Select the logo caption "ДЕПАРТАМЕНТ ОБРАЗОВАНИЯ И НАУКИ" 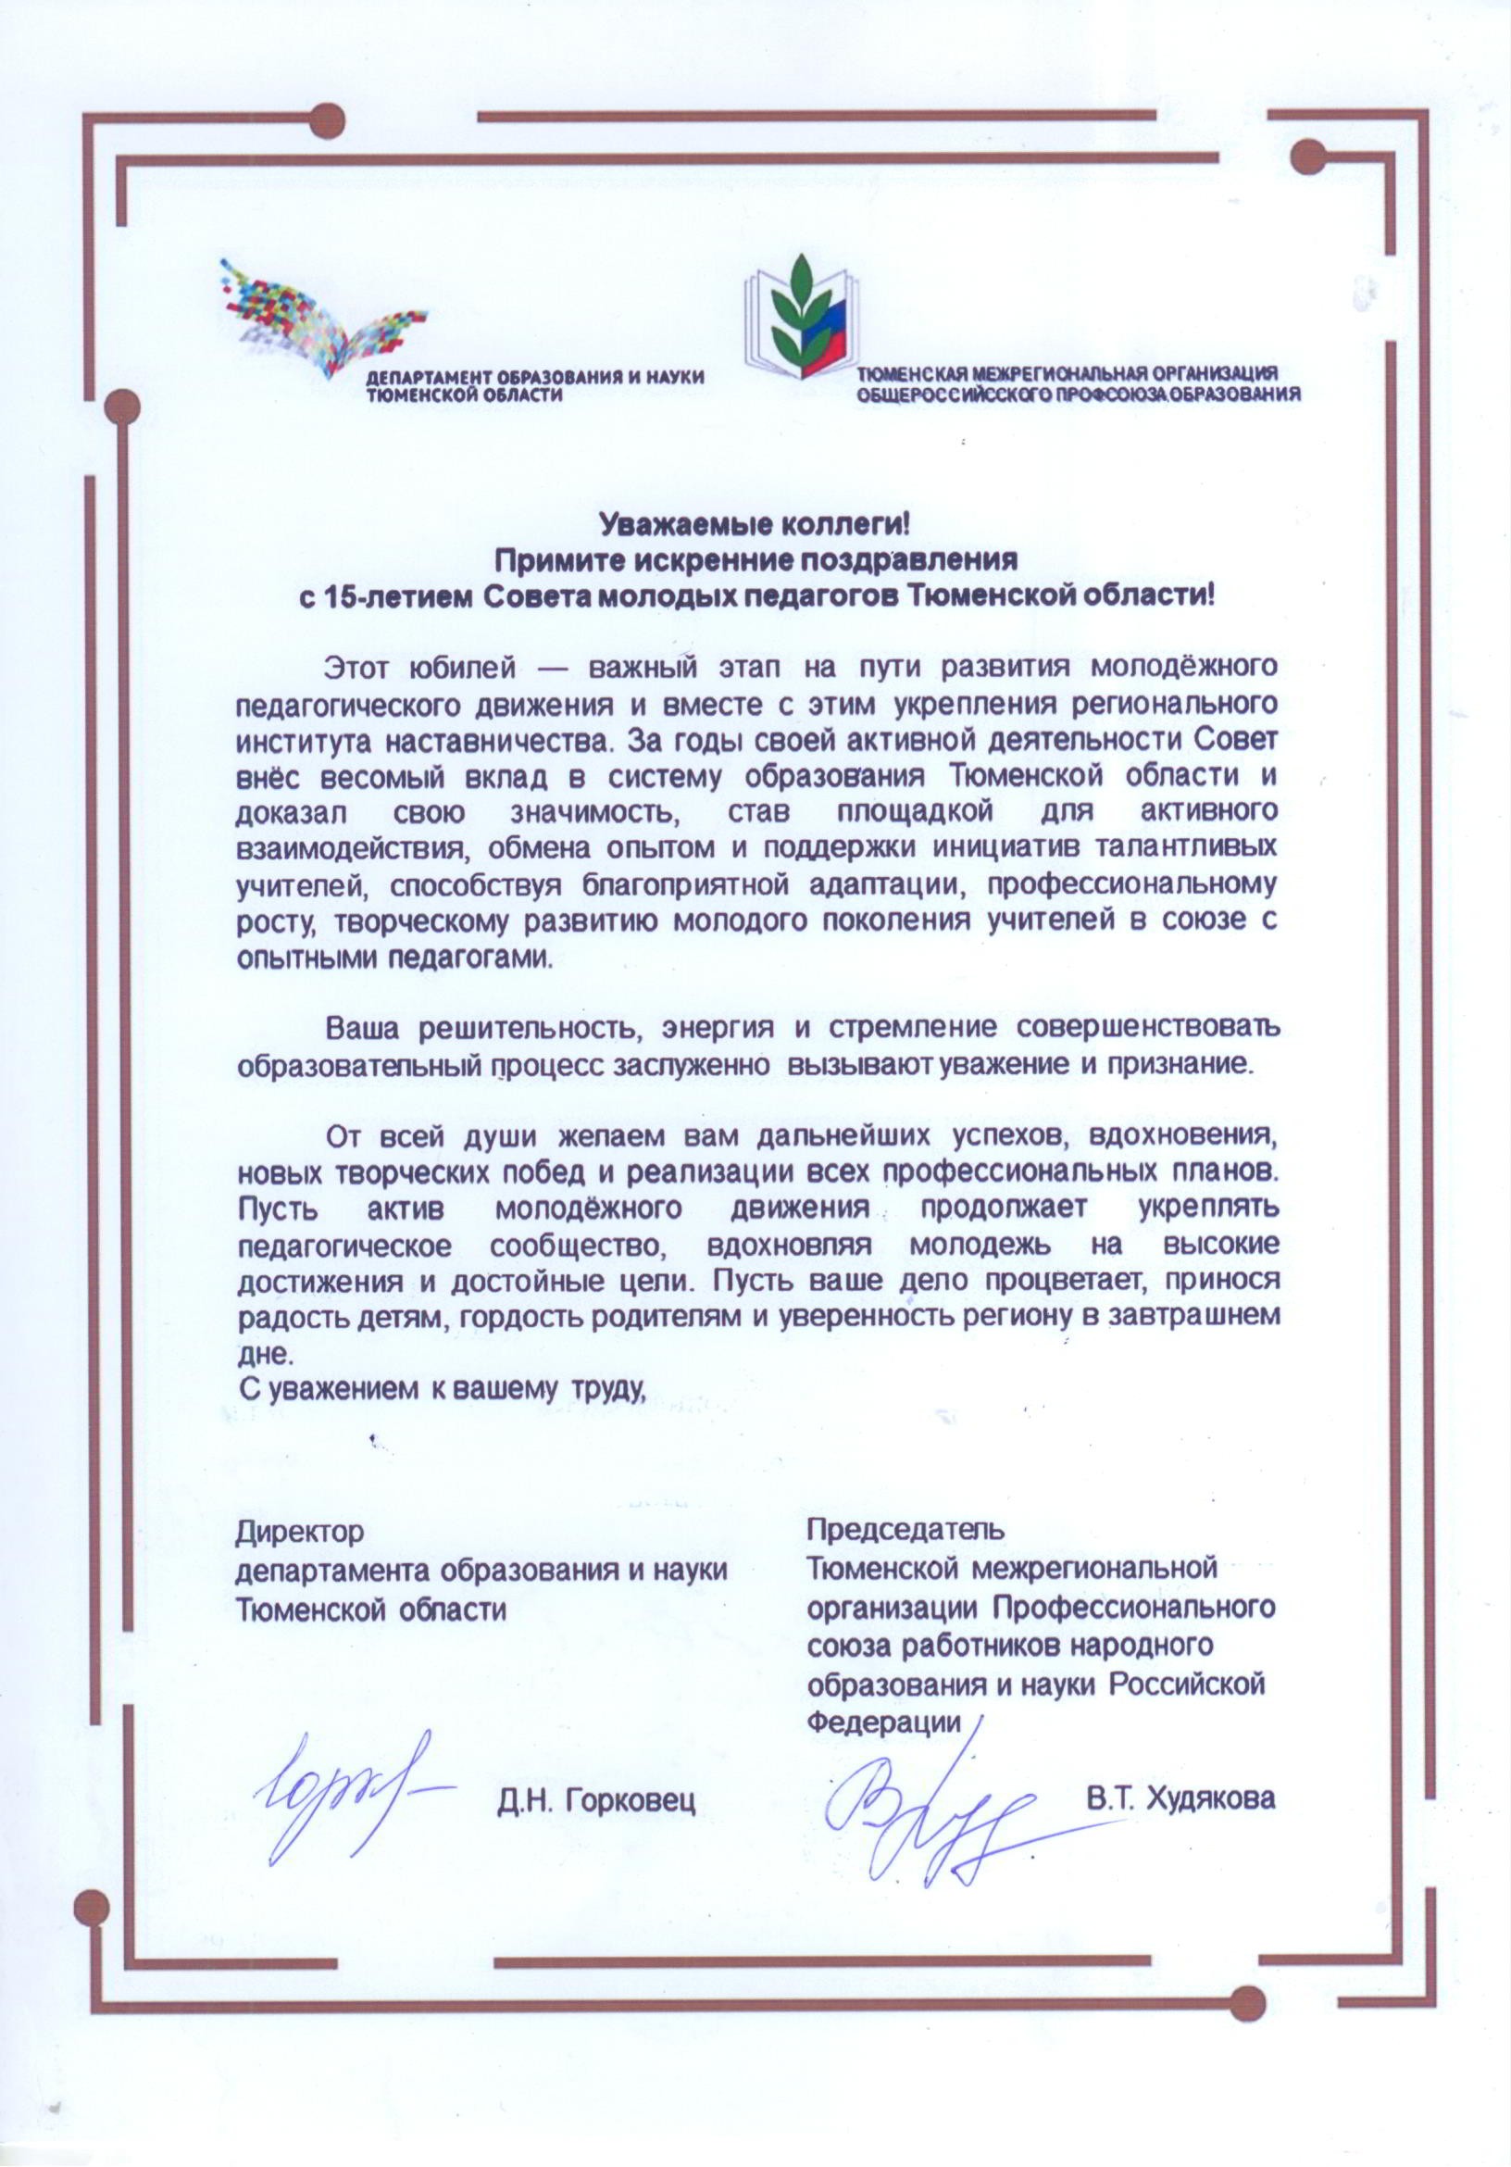coord(536,378)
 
